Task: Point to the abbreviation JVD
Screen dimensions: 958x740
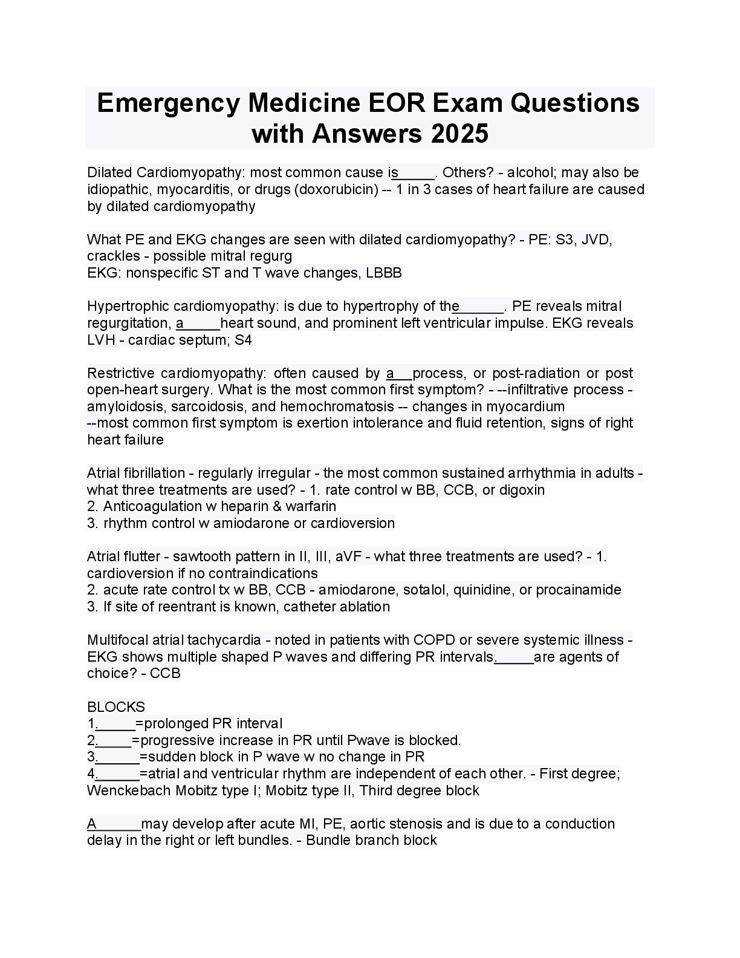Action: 597,239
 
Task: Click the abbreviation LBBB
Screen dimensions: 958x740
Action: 384,273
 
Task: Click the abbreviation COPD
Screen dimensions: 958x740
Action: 434,640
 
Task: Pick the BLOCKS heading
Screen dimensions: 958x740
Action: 116,707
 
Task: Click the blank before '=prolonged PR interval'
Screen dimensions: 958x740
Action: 115,725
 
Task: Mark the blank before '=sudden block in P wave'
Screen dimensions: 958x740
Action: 117,758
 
